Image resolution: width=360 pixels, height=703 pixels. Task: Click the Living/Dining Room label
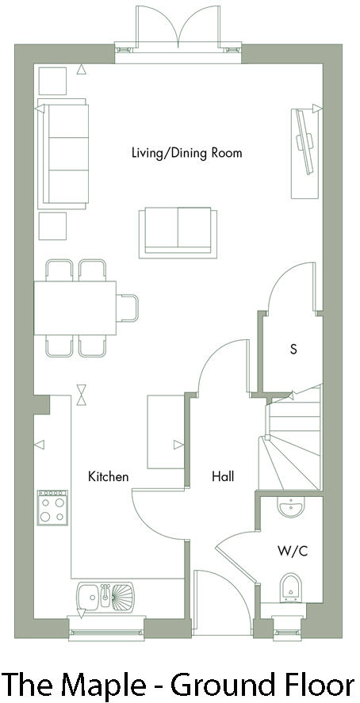(175, 153)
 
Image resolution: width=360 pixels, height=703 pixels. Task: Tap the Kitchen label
(108, 476)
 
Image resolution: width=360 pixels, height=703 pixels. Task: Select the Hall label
(223, 476)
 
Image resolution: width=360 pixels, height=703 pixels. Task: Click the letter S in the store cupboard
(293, 348)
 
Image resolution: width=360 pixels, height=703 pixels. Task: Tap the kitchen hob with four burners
(53, 506)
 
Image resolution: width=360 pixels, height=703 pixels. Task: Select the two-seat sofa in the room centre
(175, 231)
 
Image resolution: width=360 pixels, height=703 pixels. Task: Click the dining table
(75, 308)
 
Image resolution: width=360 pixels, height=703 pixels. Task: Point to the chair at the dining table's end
(128, 308)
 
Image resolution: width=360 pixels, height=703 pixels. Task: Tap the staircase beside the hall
(292, 440)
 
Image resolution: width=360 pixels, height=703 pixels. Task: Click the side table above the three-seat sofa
(53, 81)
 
